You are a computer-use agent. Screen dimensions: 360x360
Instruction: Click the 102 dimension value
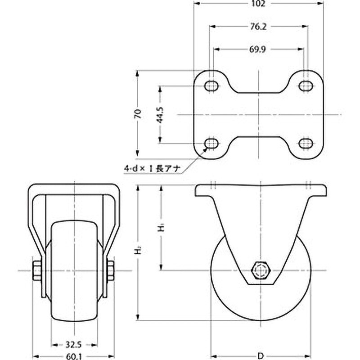coord(258,4)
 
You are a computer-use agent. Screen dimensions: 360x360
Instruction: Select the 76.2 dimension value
coord(258,27)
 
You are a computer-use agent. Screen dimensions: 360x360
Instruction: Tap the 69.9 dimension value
coord(258,50)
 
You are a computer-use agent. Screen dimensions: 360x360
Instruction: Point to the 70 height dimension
coord(139,113)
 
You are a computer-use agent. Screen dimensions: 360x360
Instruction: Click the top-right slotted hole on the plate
coord(306,85)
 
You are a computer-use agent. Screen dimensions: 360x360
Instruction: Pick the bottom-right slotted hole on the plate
coord(306,144)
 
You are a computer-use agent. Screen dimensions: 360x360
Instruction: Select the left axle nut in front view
coord(37,270)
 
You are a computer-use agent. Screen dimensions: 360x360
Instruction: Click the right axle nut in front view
coord(110,270)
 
